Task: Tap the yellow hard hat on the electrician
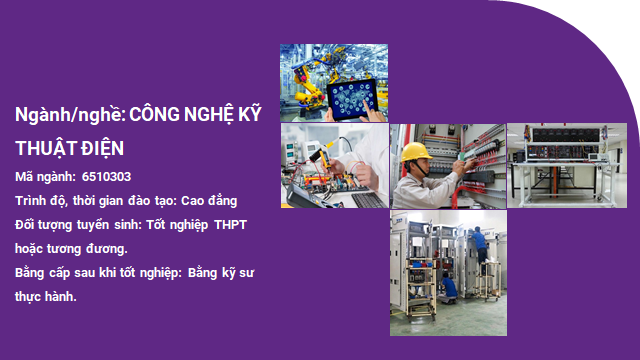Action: (x=414, y=152)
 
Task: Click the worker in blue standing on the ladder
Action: (x=481, y=250)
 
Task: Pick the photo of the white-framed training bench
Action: (x=566, y=166)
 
